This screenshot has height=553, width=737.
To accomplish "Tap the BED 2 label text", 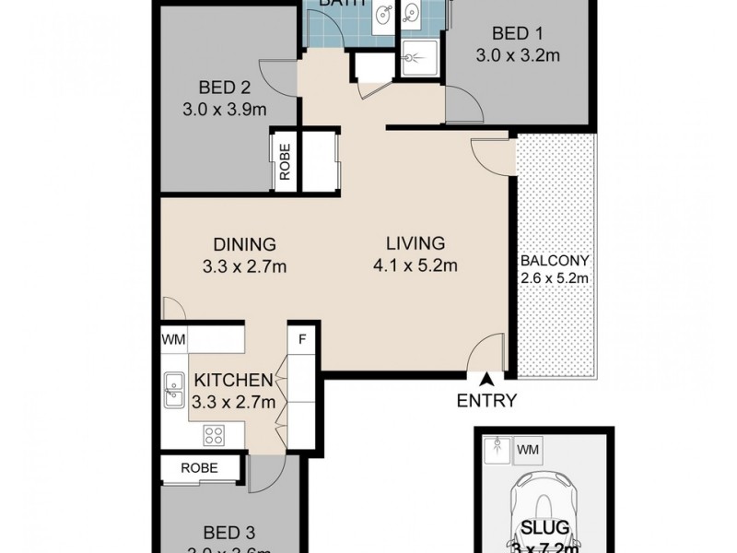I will click(x=225, y=88).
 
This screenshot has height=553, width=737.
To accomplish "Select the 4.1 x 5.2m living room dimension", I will click(x=415, y=267).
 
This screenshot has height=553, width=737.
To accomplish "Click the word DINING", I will click(x=244, y=245).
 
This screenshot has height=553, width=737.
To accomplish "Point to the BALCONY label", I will click(x=555, y=260).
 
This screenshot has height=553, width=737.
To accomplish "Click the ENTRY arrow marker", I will click(x=486, y=378).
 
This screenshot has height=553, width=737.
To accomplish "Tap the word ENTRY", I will click(x=485, y=400).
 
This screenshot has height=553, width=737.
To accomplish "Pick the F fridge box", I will click(x=301, y=338).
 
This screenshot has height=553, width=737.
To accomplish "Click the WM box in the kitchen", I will click(x=174, y=339).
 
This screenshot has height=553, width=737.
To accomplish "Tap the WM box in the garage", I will click(x=529, y=450).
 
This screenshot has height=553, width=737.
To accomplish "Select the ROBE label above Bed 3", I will click(x=200, y=468).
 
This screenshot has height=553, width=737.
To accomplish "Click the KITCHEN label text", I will click(x=231, y=380).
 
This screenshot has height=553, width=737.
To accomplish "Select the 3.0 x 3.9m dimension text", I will click(x=225, y=110).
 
